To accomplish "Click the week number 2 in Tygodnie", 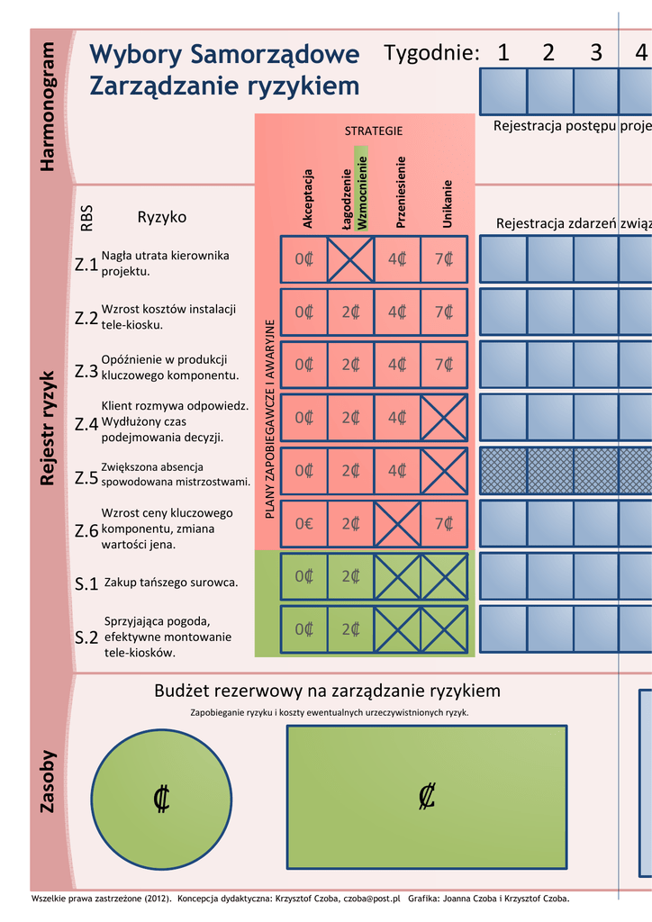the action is tap(548, 53).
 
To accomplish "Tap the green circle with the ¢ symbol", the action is tap(162, 798).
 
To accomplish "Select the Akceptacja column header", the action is tap(308, 198).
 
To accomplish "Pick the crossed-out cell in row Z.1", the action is tap(350, 259).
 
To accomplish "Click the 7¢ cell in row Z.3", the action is tap(444, 365).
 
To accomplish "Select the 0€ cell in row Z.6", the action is tap(303, 523).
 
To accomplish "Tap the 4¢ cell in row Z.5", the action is tap(397, 470).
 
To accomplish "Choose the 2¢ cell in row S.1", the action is tap(350, 576).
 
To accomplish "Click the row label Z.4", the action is tap(86, 424).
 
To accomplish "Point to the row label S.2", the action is tap(86, 638).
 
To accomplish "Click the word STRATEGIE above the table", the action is tap(374, 131).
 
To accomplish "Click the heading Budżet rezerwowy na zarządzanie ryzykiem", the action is tap(327, 691).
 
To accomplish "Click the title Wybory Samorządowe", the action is tap(225, 55).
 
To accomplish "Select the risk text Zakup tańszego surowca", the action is tap(171, 583).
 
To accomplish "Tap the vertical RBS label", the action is tap(87, 219).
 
